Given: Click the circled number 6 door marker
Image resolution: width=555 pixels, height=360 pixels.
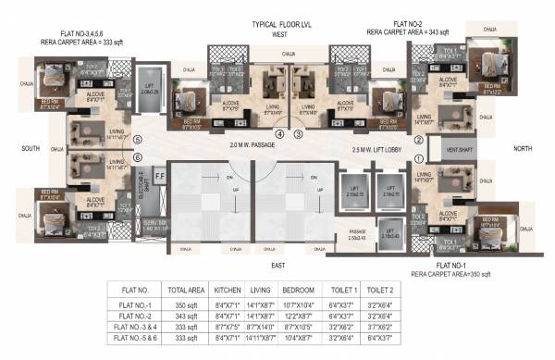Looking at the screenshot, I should [138, 157].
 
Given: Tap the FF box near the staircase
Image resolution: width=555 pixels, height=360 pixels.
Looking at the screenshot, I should [159, 173].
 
